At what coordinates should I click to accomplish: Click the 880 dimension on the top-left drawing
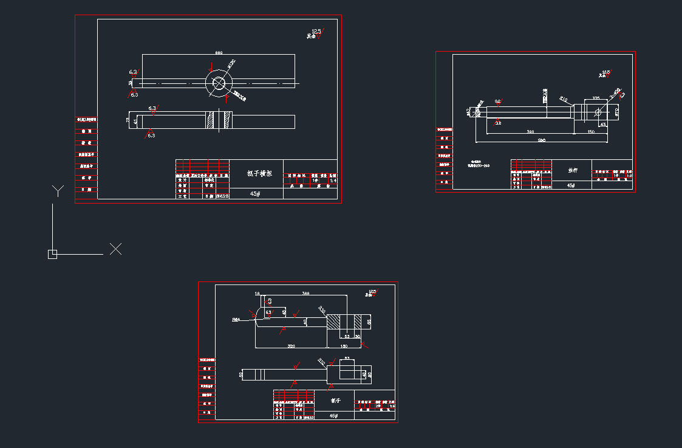coord(219,52)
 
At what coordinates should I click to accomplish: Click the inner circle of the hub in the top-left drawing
coord(219,83)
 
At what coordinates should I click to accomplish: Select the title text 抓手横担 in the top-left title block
coord(259,173)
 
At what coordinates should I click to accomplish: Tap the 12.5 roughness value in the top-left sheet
coord(316,31)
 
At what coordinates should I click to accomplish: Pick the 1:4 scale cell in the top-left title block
coord(333,180)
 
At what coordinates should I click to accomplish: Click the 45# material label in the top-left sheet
coord(256,194)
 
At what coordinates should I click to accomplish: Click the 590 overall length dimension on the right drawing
coord(542,140)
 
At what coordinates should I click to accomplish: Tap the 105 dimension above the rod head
coord(595,98)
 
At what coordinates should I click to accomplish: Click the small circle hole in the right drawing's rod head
coord(598,112)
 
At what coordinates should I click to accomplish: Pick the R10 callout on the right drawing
coord(564,98)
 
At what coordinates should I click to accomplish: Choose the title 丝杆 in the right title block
coord(571,171)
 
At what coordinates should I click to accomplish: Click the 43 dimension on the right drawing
coord(602,124)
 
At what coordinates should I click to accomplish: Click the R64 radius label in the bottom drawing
coord(236,319)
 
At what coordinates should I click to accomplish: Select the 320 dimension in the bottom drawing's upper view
coord(291,346)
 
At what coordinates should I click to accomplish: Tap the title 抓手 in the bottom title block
coord(335,401)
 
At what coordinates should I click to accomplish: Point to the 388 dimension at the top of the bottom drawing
coord(305,294)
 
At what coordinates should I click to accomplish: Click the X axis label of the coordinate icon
coord(115,249)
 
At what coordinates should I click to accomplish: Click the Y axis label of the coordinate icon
coord(57,191)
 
